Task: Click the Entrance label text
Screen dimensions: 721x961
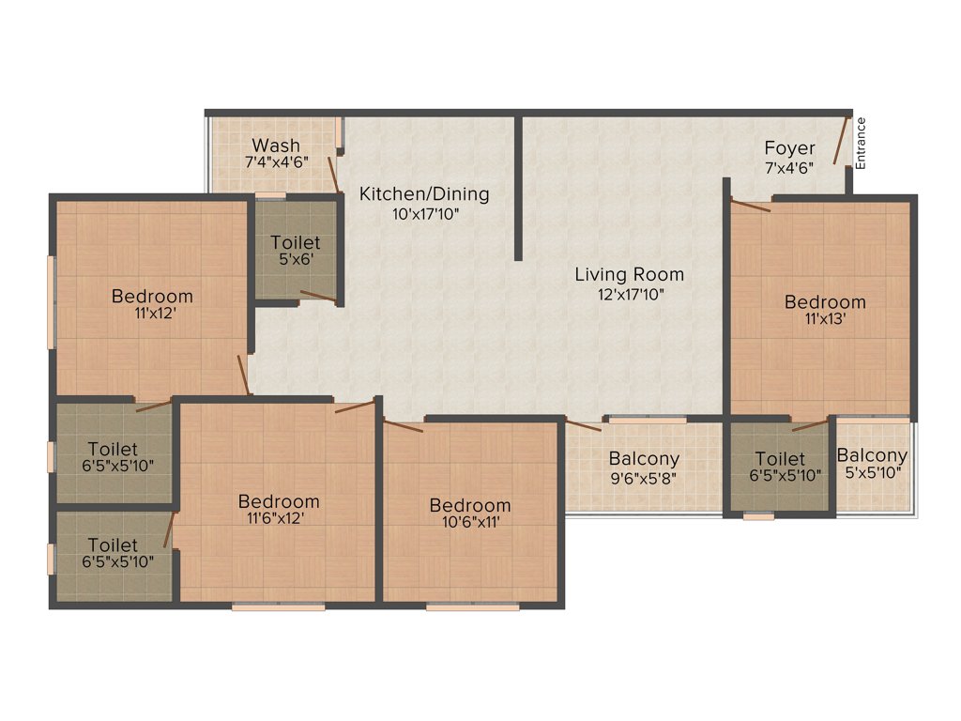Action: [861, 143]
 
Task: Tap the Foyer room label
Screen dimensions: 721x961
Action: [789, 148]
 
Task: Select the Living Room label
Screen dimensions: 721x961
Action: [629, 275]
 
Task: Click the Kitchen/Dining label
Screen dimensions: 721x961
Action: [424, 194]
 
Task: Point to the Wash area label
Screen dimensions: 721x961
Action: [276, 146]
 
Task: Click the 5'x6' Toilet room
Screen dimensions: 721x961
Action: [296, 251]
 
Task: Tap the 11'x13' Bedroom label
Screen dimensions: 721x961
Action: [825, 302]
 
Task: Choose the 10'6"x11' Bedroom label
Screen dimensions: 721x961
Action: [470, 506]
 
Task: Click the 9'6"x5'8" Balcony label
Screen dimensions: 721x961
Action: [644, 460]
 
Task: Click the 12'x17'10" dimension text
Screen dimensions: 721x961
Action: [629, 294]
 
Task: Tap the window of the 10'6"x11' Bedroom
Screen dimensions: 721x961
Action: [472, 607]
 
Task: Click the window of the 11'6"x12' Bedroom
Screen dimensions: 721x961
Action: [279, 607]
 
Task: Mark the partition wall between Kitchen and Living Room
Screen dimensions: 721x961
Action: [518, 188]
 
